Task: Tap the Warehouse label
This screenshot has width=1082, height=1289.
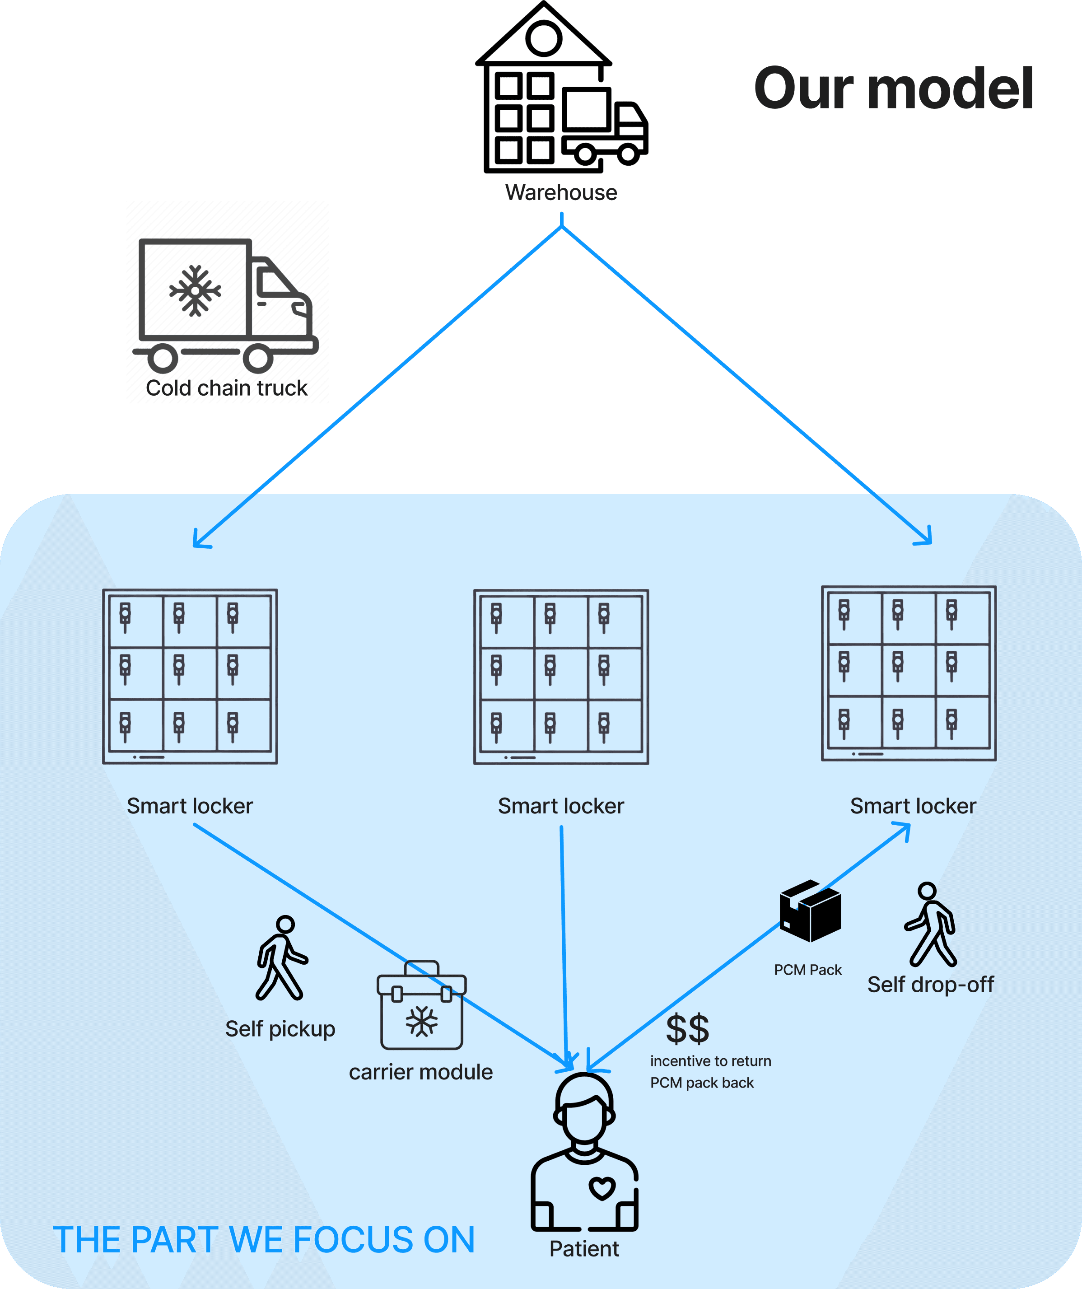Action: [561, 193]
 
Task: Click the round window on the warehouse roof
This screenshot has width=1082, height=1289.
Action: [544, 39]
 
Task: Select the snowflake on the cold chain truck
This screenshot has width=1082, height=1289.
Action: [195, 291]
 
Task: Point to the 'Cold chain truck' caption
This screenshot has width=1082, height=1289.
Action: [226, 388]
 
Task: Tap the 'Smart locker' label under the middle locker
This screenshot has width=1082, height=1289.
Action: [560, 806]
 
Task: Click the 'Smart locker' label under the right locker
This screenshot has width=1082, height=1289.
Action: [913, 806]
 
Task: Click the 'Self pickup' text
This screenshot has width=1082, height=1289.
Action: [280, 1029]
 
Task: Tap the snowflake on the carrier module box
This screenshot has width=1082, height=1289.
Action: [422, 1021]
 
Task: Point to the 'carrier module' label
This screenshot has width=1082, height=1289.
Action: [420, 1072]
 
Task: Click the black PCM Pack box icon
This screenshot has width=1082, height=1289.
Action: [810, 911]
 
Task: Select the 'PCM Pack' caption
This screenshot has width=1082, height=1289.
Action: [808, 970]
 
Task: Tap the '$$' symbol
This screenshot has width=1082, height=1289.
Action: [687, 1029]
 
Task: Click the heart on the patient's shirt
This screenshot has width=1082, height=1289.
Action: [602, 1188]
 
